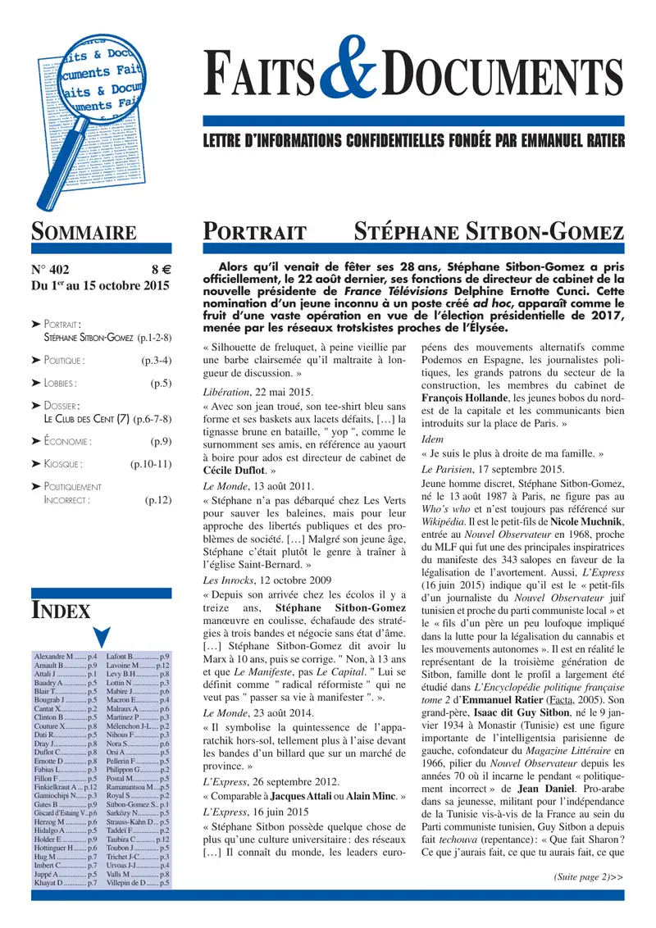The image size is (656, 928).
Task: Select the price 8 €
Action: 159,268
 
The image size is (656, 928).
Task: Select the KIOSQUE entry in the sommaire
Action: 65,464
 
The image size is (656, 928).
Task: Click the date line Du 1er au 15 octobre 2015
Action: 99,286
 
